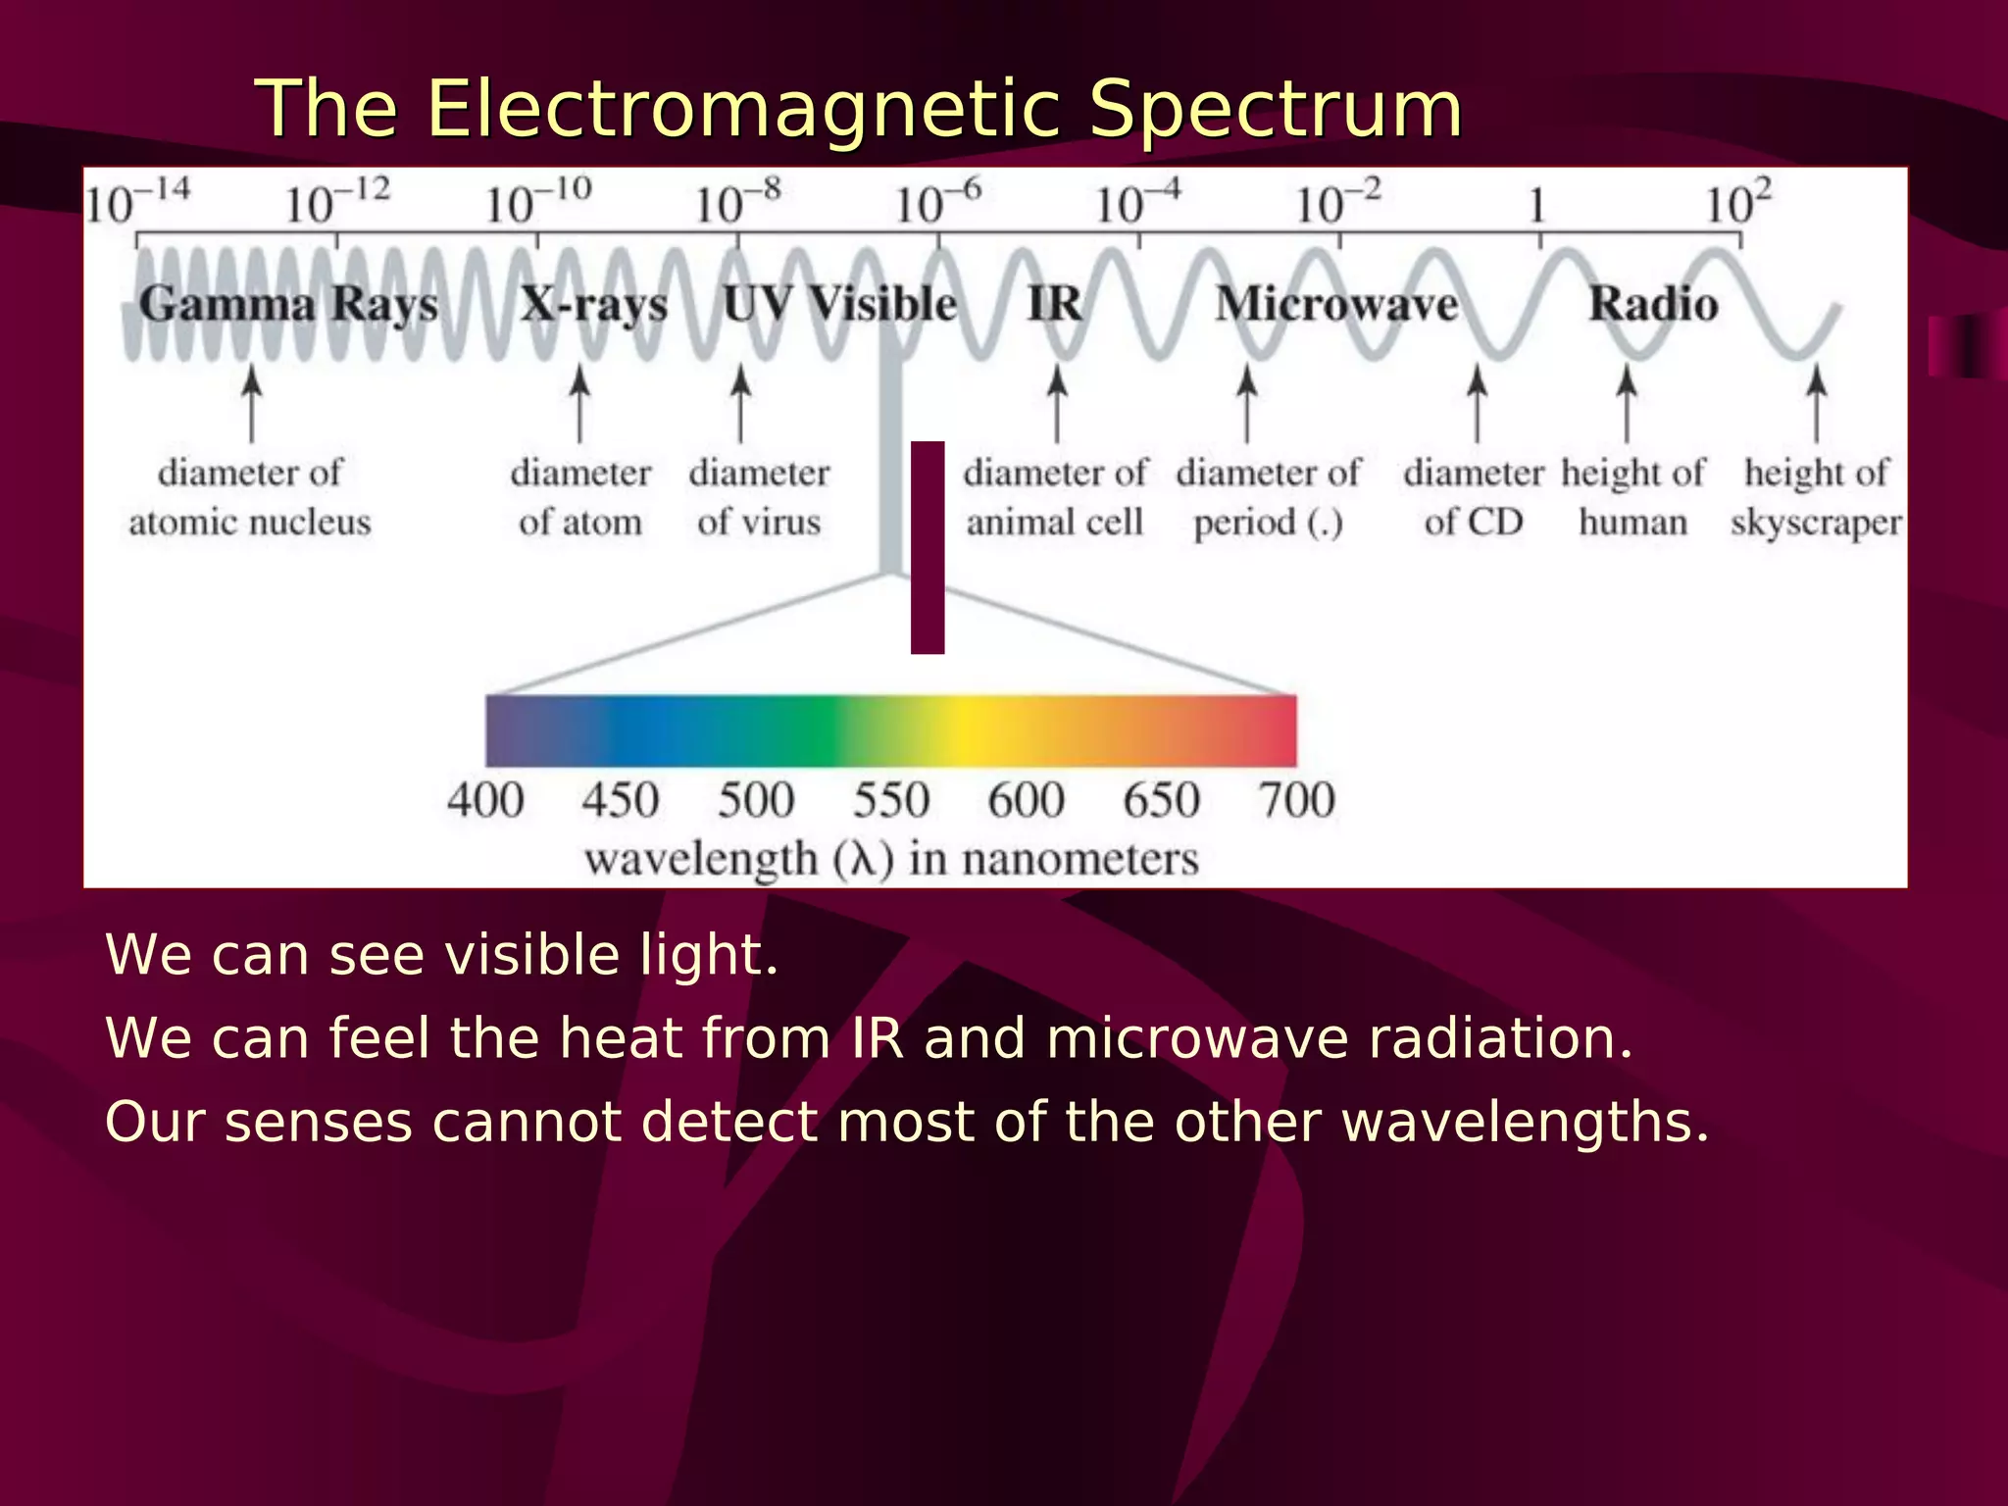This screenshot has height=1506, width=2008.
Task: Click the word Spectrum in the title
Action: tap(1276, 110)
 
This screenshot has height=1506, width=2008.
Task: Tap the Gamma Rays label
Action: tap(288, 304)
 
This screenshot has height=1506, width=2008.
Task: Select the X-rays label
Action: tap(594, 304)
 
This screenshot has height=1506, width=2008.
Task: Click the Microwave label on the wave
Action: tap(1337, 304)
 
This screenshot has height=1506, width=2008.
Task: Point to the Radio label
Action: tap(1653, 304)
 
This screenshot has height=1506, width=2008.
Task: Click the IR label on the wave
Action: tap(1055, 304)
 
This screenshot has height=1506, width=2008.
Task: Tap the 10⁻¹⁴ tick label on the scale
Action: tap(137, 203)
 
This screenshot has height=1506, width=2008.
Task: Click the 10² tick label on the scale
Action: tap(1737, 203)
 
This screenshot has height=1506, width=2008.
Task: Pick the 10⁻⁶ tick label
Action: tap(937, 203)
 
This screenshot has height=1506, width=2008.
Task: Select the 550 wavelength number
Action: tap(890, 800)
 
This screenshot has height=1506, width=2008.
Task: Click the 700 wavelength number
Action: tap(1296, 800)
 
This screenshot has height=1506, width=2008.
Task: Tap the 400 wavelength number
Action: tap(485, 800)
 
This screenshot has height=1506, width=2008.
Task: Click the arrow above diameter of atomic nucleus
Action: tap(252, 403)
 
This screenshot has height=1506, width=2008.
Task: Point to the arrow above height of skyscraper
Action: tap(1816, 403)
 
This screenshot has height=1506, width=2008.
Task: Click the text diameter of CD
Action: tap(1474, 497)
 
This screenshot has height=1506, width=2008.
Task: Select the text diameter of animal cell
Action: tap(1055, 497)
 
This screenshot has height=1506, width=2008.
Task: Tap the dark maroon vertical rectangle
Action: tap(928, 547)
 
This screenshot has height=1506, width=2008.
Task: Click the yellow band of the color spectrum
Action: tap(971, 731)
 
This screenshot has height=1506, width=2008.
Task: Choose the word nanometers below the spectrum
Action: tap(1079, 860)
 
